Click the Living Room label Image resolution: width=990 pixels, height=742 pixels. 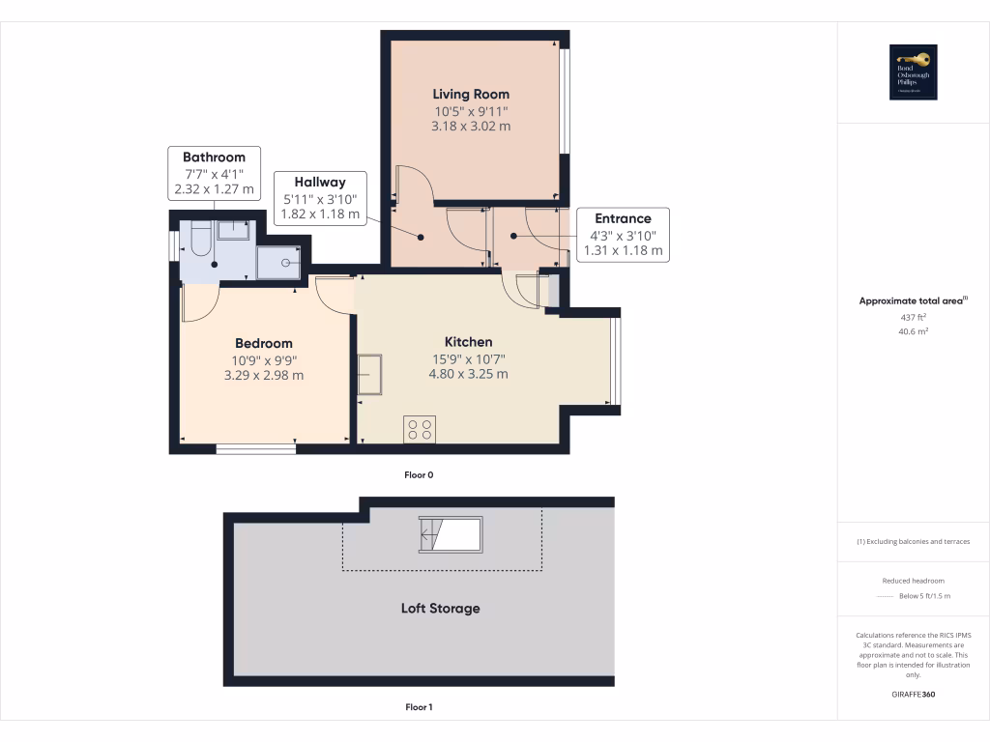point(471,94)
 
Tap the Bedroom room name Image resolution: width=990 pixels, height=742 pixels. point(264,343)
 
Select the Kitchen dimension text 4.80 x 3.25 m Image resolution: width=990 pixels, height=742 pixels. point(468,374)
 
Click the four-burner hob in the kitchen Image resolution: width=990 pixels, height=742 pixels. point(421,429)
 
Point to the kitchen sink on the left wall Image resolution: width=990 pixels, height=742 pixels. point(370,374)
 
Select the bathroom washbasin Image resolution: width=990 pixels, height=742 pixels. point(233,230)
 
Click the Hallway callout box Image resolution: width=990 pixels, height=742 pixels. point(320,198)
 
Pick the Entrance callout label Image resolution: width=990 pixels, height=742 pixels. point(623,218)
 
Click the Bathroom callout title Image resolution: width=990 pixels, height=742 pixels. point(214,157)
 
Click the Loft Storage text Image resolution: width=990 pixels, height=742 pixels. point(440,609)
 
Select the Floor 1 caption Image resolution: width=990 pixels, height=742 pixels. point(419,707)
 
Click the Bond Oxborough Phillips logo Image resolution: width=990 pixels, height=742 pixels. point(914,72)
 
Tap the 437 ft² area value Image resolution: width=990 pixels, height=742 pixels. point(913,317)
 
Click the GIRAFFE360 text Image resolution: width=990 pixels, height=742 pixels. point(913,695)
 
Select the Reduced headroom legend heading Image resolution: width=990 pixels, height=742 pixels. point(913,581)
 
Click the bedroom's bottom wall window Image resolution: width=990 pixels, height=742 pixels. point(255,446)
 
